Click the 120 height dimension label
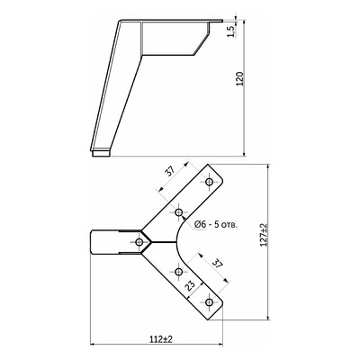coord(239,79)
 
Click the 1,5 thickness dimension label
coord(230,31)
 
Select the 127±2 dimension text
coord(264,235)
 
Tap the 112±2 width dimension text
coord(162,339)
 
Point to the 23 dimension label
coord(190,286)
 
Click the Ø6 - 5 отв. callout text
coord(216,224)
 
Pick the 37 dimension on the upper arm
coord(170,171)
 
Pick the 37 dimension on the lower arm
coord(218,264)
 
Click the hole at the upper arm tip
coord(209,182)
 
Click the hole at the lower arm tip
coord(209,302)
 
